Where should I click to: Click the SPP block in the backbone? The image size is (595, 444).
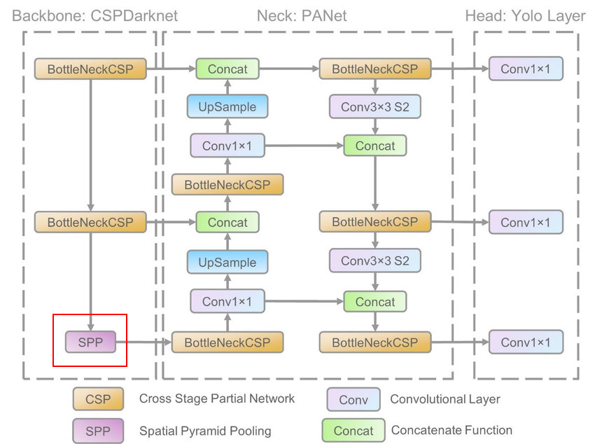pos(90,342)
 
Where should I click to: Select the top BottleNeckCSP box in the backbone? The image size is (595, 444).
pos(90,69)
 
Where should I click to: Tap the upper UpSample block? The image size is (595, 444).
pos(227,107)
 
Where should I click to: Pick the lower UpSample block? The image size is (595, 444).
pos(227,263)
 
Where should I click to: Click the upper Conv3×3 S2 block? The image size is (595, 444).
pos(375,107)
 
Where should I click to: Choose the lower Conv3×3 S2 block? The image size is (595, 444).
pos(375,261)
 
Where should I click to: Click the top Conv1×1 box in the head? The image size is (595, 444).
pos(526,69)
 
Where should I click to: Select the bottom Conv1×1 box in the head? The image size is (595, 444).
pos(526,342)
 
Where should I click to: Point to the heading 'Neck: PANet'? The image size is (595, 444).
pos(302,15)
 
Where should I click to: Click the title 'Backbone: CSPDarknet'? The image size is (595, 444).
pos(94,15)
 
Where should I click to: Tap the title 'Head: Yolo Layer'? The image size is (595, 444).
pos(525,15)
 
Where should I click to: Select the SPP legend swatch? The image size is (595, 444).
pos(98,431)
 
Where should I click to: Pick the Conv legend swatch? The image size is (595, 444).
pos(353,400)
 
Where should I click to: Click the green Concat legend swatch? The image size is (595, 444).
pos(353,431)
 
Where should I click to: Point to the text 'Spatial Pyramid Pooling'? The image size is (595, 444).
pos(205,431)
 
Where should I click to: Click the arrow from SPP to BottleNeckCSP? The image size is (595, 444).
pos(143,342)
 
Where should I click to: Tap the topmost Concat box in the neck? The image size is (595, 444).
pos(227,69)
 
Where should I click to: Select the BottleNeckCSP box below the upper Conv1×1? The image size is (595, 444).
pos(227,186)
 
